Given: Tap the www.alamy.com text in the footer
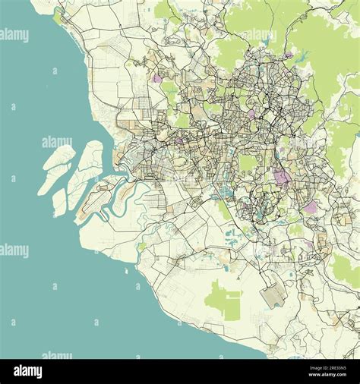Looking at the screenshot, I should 327,377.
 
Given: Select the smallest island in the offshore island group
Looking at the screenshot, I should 59,203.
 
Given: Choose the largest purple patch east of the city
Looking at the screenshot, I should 282,178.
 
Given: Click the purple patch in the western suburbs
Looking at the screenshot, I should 157,78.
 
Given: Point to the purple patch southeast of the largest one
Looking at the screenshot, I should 310,206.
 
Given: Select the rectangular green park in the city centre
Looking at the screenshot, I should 248,164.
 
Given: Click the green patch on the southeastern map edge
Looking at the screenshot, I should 346,269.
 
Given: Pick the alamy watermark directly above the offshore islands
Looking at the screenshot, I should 57,142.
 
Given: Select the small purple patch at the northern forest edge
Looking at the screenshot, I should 288,55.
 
